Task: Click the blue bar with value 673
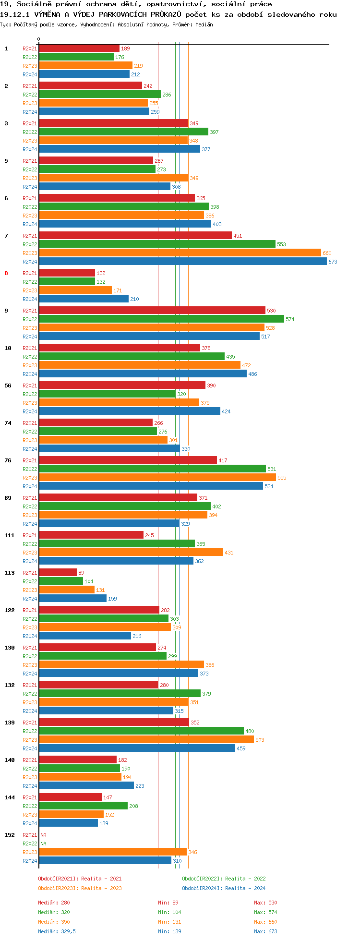182,262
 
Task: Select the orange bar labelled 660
180,253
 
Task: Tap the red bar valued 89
58,573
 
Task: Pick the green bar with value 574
161,319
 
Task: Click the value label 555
282,478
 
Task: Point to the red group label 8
6,273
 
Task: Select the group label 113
10,573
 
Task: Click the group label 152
10,835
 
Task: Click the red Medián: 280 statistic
54,903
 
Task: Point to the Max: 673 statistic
265,931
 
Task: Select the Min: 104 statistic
169,912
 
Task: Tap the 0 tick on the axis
39,39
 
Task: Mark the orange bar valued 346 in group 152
113,852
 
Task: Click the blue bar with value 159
72,599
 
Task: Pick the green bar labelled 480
141,731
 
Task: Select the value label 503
260,740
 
